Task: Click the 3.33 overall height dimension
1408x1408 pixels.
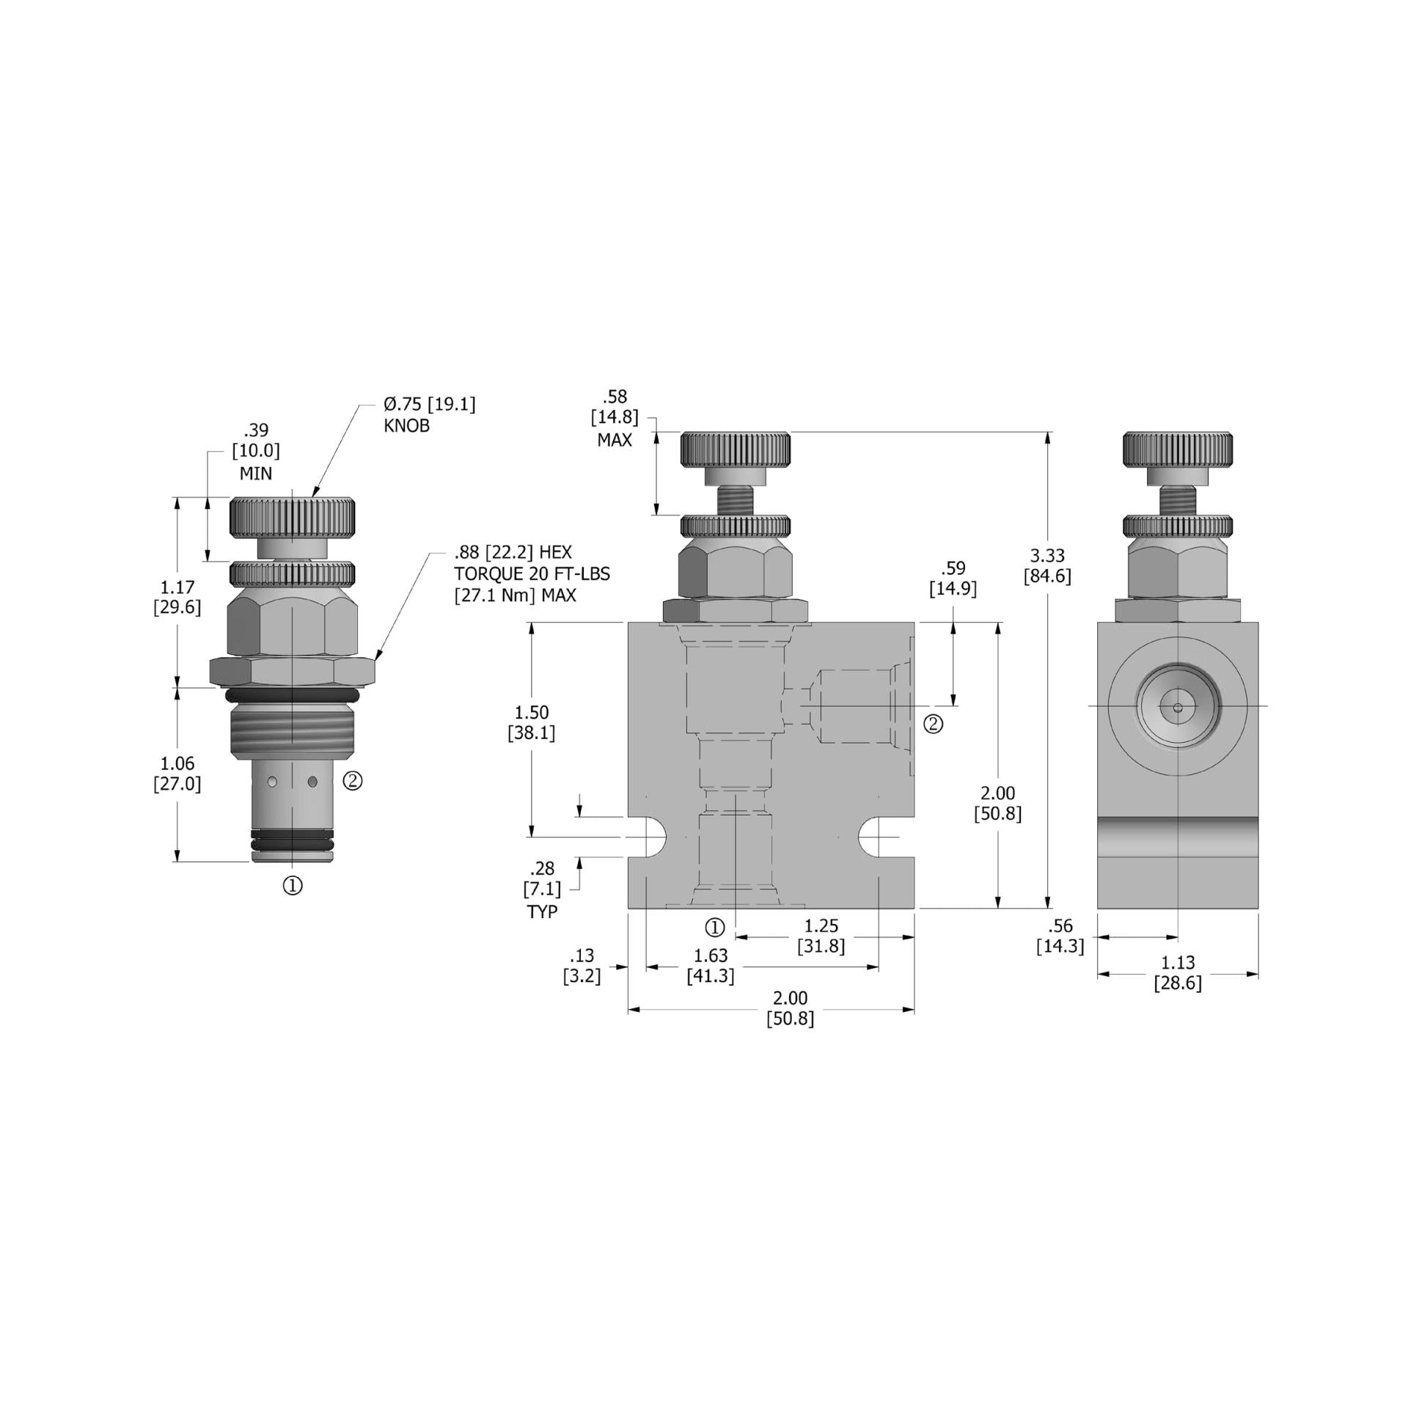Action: (1047, 565)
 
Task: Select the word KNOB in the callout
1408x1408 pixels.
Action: (406, 426)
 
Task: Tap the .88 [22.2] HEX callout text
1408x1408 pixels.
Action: (513, 552)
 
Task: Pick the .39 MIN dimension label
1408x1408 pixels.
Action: (256, 452)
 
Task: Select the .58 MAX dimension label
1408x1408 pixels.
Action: (615, 418)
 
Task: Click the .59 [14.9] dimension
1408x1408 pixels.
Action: (953, 578)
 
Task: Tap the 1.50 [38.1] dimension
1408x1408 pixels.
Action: (532, 722)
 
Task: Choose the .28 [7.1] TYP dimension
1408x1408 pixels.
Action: (542, 890)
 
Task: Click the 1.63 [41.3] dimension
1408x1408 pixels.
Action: (710, 966)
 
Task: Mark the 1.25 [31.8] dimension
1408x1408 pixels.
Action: (821, 936)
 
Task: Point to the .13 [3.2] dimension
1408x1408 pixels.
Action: (582, 966)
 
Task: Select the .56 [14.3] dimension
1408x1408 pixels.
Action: (1060, 936)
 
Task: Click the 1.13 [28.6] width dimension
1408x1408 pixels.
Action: (1178, 972)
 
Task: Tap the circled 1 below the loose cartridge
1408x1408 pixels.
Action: (293, 886)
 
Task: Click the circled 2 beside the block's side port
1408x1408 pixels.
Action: (933, 724)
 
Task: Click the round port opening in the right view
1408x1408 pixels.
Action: (1178, 707)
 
